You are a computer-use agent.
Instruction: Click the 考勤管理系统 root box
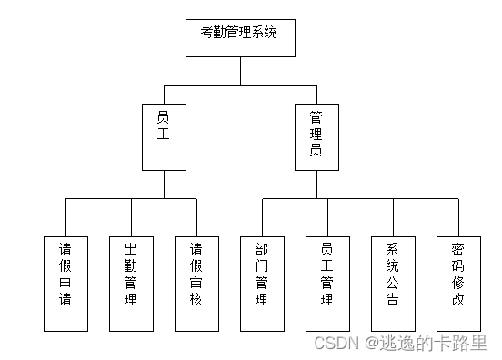click(240, 37)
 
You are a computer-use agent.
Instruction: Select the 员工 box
click(164, 136)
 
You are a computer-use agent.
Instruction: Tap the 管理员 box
click(316, 136)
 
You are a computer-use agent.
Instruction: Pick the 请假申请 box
click(66, 283)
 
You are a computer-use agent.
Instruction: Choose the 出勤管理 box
click(131, 283)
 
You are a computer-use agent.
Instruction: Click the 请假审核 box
click(197, 283)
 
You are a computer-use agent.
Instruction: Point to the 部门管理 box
click(263, 283)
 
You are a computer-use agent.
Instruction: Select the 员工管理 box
click(328, 283)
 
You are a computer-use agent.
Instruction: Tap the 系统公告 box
click(393, 283)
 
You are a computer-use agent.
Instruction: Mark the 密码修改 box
click(458, 283)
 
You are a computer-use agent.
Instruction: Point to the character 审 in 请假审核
click(197, 283)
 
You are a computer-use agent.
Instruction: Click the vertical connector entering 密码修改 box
click(458, 216)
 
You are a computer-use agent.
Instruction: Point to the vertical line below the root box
click(240, 71)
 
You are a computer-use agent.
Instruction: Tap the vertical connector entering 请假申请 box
click(66, 216)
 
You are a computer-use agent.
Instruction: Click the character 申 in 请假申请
click(66, 283)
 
